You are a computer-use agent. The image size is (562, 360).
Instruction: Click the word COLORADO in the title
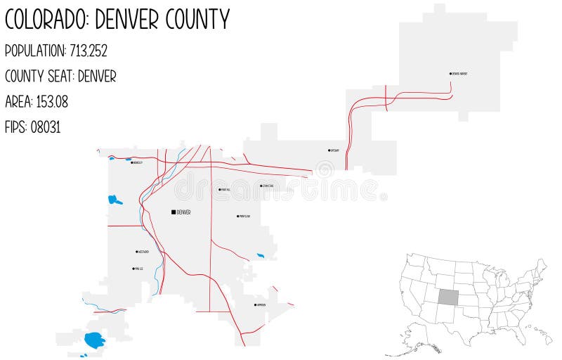click(x=46, y=20)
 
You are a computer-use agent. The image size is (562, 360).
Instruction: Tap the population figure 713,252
click(x=89, y=51)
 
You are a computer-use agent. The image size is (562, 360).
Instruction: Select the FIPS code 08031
click(x=46, y=128)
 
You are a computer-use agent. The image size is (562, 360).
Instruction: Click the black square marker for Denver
click(x=174, y=212)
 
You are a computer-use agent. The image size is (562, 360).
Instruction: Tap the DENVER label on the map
click(x=184, y=212)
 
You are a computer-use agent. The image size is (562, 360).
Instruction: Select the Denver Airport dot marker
click(x=450, y=73)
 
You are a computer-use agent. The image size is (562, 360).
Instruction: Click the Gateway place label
click(x=334, y=150)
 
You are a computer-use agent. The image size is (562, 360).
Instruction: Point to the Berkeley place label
click(x=137, y=163)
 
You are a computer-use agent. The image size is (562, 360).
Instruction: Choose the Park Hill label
click(x=226, y=189)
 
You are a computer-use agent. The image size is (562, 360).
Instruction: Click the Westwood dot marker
click(x=136, y=251)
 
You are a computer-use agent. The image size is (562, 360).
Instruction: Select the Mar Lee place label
click(x=139, y=269)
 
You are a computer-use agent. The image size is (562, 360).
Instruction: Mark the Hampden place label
click(x=261, y=305)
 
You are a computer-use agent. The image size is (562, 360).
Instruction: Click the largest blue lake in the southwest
click(x=94, y=341)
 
